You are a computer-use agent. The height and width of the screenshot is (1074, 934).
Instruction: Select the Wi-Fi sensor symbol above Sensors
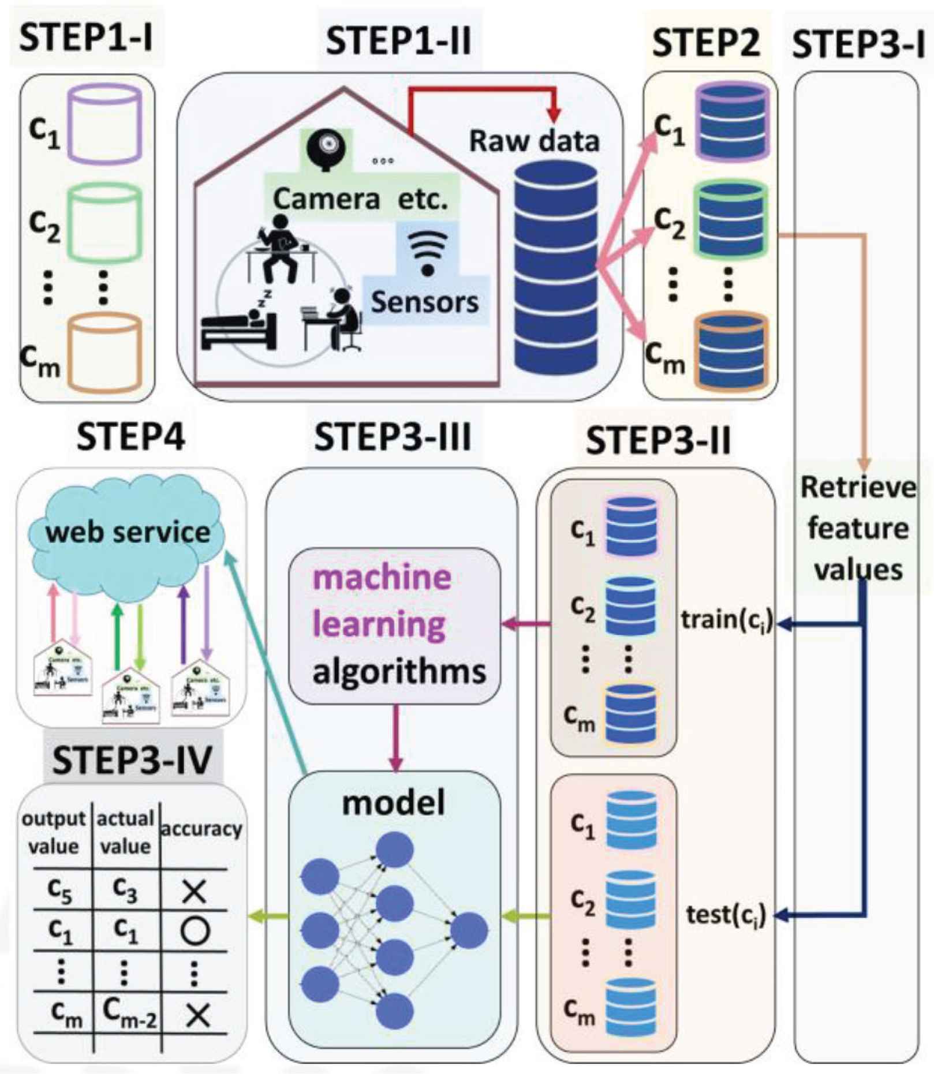[x=427, y=253]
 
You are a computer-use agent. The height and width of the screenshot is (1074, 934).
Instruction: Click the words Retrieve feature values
[x=858, y=528]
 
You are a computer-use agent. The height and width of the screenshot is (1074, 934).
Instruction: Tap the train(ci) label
[x=727, y=621]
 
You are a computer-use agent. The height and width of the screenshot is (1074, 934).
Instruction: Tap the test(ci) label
[x=726, y=915]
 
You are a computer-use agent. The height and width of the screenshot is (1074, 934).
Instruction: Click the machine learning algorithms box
[x=395, y=625]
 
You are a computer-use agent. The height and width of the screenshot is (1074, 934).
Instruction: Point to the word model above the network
[x=394, y=803]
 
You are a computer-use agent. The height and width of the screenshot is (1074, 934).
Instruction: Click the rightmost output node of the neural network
[x=469, y=930]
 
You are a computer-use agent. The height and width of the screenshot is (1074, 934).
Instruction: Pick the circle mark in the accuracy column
[x=195, y=931]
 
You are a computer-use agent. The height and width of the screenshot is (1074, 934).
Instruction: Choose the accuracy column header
[x=200, y=829]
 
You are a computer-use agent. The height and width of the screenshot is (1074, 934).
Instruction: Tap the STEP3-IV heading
[x=132, y=760]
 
